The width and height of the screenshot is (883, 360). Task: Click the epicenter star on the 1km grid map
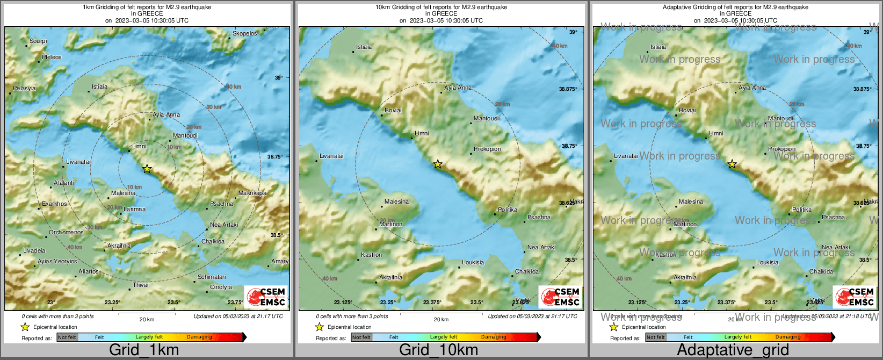coord(147,169)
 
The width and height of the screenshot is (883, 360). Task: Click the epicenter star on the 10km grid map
coord(438,164)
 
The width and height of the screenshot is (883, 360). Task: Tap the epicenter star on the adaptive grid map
coord(732,164)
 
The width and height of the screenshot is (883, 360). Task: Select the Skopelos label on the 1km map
coord(244,33)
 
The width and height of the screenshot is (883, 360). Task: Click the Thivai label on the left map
coord(141,285)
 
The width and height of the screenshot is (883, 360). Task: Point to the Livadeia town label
coord(34,250)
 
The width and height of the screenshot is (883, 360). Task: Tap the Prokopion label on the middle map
coord(488,149)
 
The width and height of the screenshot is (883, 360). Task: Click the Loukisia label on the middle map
coord(473,262)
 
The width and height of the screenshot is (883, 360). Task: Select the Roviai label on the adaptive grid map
coord(687,110)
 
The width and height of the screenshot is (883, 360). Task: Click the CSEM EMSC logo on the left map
coord(266,297)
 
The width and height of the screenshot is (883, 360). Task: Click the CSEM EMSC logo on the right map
coord(855,297)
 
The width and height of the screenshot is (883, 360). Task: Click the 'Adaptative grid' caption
coord(733,350)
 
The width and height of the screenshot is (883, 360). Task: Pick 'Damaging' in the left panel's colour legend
coord(199,337)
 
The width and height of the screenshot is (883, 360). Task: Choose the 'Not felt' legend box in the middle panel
coord(361,337)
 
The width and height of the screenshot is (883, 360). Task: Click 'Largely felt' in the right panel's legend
coord(738,337)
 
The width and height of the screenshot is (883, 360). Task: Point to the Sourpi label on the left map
coord(38,41)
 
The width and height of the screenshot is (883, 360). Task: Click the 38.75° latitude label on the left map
coord(274,156)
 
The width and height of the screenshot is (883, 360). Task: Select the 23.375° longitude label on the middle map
coord(432,302)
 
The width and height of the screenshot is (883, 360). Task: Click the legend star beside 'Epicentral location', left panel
coord(25,327)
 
